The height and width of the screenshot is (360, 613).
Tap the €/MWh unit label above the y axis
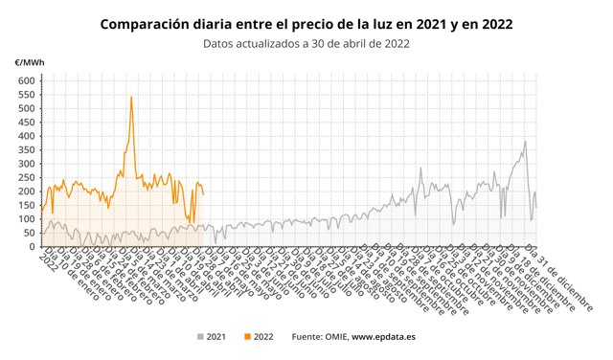point(28,63)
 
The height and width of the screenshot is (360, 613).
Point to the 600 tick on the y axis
point(26,80)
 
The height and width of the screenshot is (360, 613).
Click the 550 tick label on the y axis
point(26,95)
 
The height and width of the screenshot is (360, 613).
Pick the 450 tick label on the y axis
point(26,123)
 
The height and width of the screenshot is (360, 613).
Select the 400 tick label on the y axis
point(26,136)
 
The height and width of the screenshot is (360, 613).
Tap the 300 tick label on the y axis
point(26,164)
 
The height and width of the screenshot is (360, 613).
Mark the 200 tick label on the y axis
point(26,191)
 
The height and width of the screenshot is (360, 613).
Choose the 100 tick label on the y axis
point(26,219)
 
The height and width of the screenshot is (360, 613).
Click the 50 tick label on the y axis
point(29,233)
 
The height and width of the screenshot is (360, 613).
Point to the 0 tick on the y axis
point(32,247)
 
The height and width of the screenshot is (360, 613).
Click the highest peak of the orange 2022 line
point(131,97)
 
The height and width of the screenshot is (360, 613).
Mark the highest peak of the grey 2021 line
point(525,142)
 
